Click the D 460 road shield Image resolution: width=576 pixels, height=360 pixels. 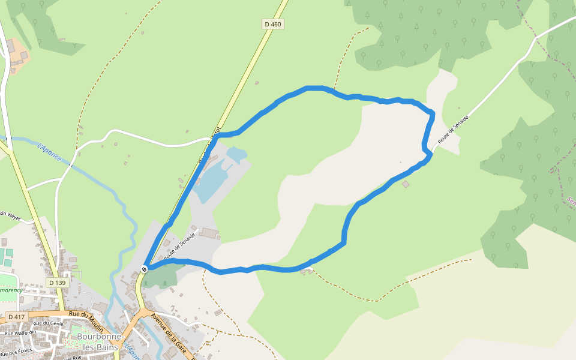273,25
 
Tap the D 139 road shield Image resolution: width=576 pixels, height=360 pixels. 57,283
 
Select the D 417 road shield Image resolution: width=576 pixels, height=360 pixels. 16,316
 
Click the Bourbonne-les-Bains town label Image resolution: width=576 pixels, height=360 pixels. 100,341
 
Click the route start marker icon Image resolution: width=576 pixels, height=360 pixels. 144,269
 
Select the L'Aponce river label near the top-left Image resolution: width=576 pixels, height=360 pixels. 49,151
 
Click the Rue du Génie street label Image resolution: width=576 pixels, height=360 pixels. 48,323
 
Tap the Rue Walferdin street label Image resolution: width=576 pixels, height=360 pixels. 20,332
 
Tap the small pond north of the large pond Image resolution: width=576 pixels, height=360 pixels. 235,155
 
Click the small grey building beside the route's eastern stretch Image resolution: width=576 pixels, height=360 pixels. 406,184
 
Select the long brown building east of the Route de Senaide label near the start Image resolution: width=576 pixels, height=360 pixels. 208,232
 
